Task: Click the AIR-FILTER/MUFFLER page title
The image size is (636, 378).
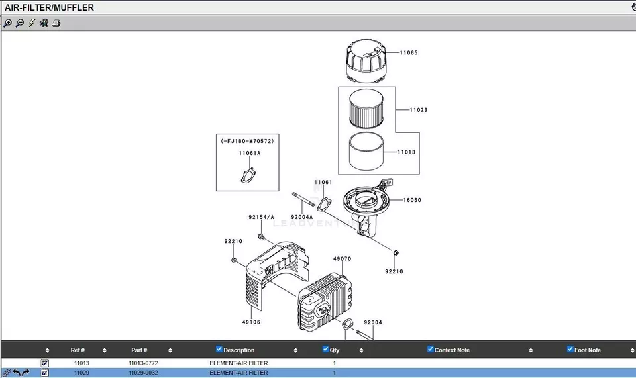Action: point(50,8)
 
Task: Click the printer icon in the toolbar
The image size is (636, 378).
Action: point(56,23)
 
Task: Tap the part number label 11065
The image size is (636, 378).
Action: point(409,52)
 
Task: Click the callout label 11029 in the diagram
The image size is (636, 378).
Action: point(418,110)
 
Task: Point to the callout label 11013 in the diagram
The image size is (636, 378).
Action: point(407,152)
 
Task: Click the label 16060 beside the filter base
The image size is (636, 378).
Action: point(412,200)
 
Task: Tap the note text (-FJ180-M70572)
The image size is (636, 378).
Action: point(247,141)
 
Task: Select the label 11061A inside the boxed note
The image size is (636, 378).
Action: point(250,153)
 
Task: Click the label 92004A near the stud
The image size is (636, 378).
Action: point(302,216)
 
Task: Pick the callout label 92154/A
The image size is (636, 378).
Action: point(261,216)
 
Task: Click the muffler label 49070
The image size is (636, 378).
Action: point(342,259)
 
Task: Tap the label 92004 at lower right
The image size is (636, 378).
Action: point(373,322)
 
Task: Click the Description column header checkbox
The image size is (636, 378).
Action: point(219,349)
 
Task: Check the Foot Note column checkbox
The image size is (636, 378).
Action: point(570,349)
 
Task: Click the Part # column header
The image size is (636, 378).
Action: point(139,350)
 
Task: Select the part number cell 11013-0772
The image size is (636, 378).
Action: point(143,363)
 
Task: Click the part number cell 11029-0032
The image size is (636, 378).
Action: point(143,373)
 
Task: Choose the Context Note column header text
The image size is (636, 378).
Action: point(452,350)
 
